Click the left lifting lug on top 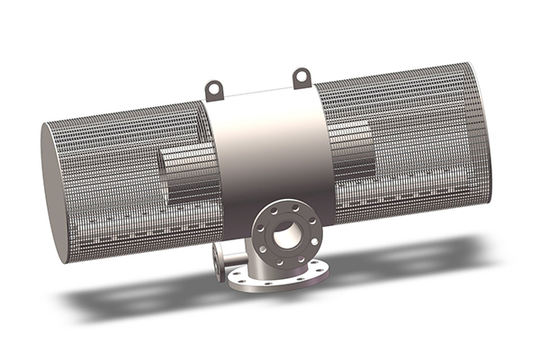tap(213, 90)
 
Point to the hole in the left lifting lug tap(213, 87)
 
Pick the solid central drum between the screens tap(265, 153)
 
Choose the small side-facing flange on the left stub tap(217, 261)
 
